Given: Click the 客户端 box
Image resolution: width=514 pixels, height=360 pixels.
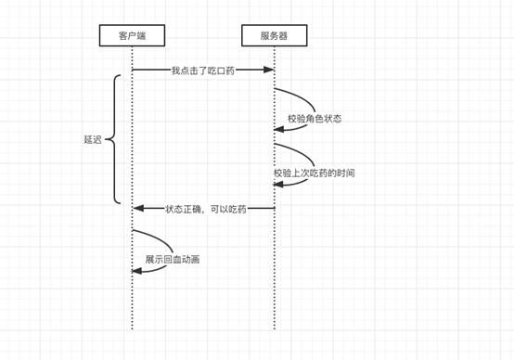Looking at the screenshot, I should coord(132,36).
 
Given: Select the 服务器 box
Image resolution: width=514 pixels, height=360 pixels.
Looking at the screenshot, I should coord(274,36).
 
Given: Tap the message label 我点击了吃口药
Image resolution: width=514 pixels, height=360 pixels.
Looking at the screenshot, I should coord(202,70).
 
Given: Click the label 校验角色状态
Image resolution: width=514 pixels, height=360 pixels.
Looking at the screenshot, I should coord(315,119).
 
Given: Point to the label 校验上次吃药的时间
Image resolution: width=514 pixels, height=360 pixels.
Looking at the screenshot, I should coord(314,173).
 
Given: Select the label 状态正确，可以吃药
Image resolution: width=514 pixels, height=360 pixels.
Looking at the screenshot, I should coord(206,209).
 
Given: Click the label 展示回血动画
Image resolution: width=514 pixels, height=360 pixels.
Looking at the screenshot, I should coord(172,260).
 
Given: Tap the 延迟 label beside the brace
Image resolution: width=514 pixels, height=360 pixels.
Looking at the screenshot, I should coord(92,140).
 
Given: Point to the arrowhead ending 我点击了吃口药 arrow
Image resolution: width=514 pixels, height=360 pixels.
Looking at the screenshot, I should coord(270,70).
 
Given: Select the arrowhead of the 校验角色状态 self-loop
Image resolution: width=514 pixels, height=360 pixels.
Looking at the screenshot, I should coord(278,130).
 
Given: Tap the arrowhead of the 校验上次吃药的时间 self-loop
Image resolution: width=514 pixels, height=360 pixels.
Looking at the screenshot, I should coord(278,185).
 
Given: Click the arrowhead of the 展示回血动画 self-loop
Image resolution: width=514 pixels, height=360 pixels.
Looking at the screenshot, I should coord(136,270).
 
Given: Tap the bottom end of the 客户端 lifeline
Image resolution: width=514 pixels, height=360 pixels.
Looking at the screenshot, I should coord(132,328).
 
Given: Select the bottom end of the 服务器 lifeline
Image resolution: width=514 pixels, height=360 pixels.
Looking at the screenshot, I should coord(274,328).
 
